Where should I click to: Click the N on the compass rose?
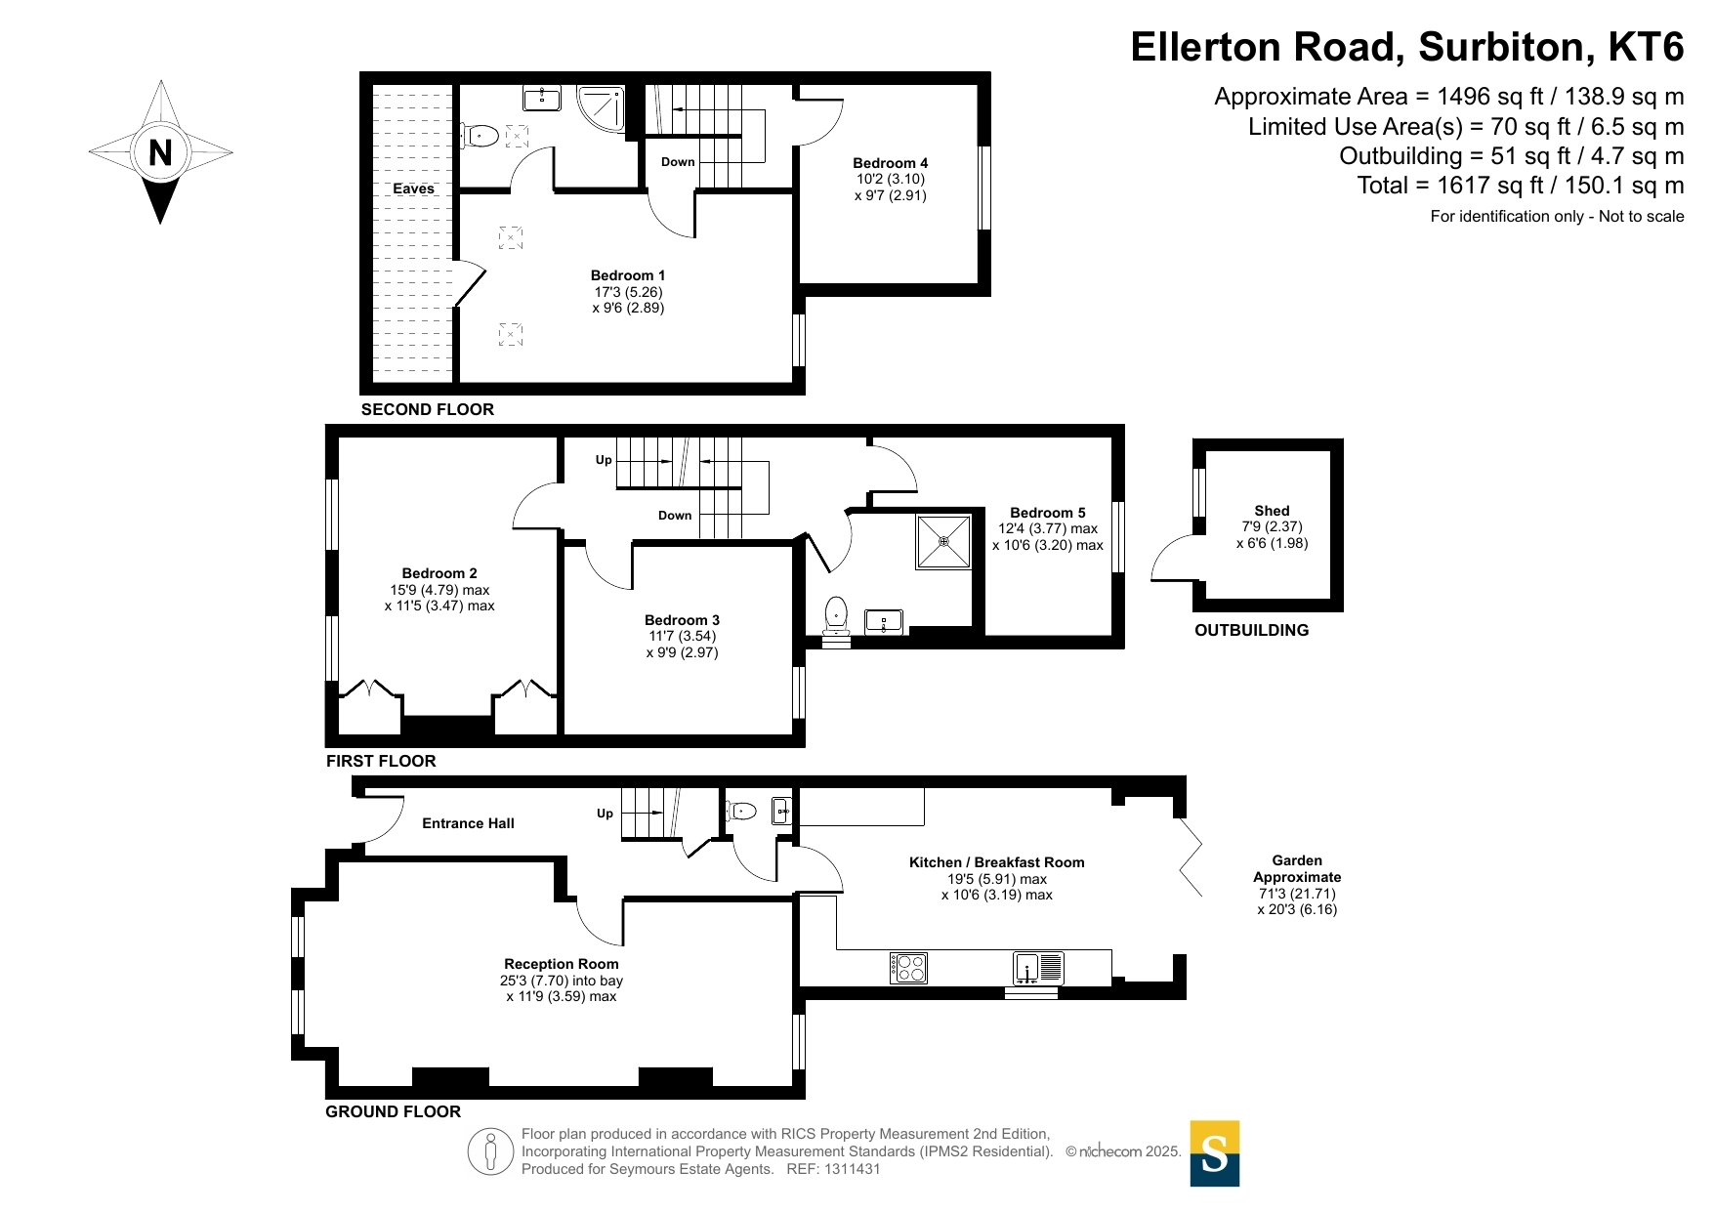160,152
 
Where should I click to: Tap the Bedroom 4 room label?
890,163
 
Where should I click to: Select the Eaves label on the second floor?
413,188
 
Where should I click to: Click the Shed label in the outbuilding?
1272,511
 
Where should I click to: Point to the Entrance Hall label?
468,823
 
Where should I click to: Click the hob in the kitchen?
908,967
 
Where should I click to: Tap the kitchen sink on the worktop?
1038,967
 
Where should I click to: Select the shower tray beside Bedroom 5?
943,541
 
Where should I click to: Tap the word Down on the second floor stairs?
678,162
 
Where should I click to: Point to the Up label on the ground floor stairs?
605,814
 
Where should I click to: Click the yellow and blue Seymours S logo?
1214,1153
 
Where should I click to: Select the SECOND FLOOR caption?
428,409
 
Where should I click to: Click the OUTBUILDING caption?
1251,630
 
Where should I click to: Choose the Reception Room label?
562,964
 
